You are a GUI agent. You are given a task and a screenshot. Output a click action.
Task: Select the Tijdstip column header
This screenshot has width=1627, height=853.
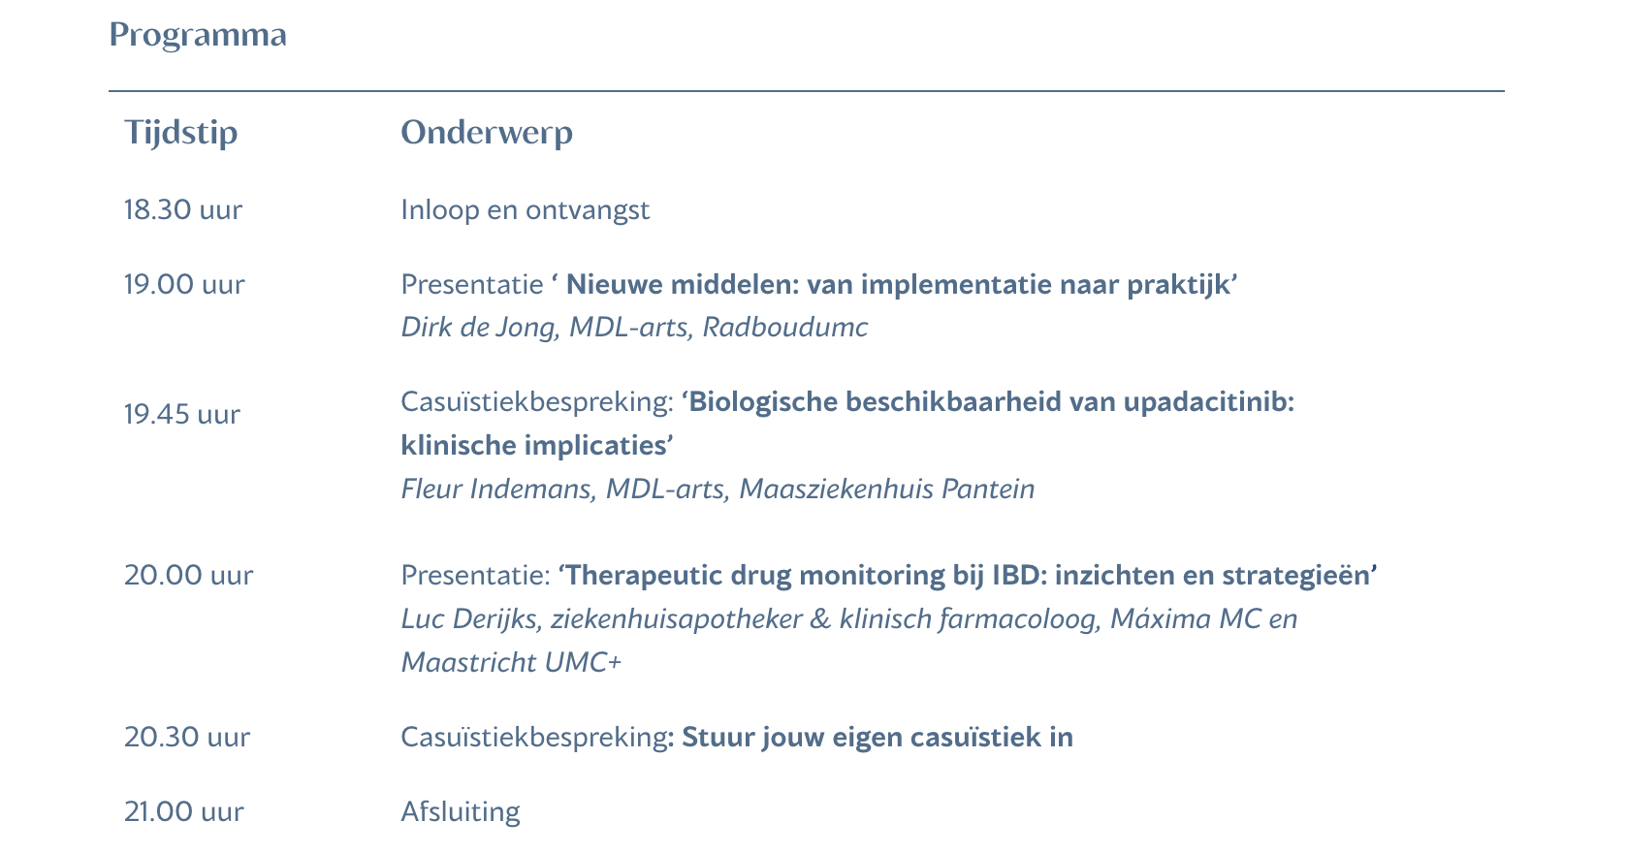(x=181, y=133)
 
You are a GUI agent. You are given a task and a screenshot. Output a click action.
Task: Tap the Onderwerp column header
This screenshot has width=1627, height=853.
(x=487, y=133)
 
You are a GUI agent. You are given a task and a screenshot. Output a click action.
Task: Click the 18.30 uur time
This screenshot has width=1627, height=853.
(x=183, y=209)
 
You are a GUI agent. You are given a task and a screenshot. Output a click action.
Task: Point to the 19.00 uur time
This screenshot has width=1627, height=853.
(x=184, y=285)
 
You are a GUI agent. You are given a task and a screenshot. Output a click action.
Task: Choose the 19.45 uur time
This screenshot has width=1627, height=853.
(x=181, y=415)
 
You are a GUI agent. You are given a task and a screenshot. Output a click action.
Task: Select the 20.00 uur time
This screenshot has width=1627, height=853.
(x=188, y=576)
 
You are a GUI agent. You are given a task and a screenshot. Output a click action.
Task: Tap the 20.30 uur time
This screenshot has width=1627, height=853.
(x=187, y=738)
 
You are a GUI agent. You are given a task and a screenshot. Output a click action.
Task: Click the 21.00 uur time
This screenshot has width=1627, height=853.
(x=184, y=812)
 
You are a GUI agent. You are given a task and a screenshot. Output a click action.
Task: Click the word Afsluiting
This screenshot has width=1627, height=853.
(x=461, y=812)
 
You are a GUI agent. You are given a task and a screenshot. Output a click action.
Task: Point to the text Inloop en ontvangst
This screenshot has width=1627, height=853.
(x=526, y=210)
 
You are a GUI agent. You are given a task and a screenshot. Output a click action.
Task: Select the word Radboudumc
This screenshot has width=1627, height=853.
(x=785, y=328)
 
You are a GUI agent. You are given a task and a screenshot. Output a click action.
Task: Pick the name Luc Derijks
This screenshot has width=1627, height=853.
(x=472, y=619)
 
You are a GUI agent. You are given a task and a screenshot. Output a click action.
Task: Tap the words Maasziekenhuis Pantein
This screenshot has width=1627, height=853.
(x=887, y=490)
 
